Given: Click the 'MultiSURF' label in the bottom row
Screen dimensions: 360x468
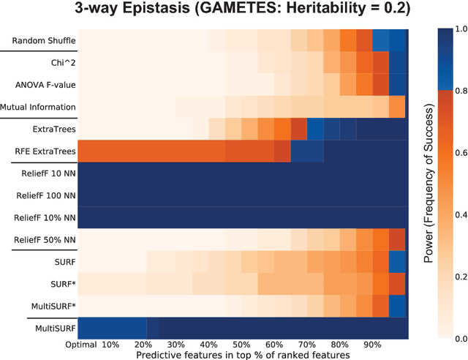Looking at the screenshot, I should point(50,329).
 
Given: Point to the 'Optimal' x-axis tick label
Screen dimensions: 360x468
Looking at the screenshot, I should point(80,344).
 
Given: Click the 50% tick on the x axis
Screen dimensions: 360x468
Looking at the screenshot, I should point(241,344).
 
